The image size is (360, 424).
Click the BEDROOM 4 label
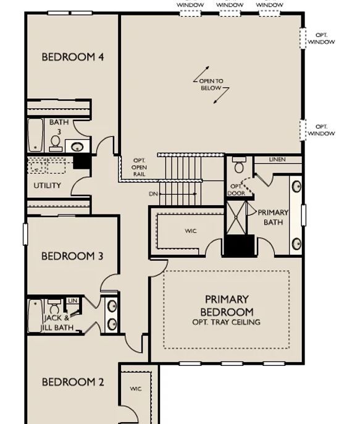[x=73, y=57]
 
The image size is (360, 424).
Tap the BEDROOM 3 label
[x=72, y=256]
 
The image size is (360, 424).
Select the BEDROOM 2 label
[x=73, y=382]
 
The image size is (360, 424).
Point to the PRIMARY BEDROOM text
[x=227, y=305]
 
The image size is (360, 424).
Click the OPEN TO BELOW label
[x=211, y=84]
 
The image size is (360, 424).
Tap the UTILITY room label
[x=48, y=185]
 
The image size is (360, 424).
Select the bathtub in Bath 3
[x=35, y=135]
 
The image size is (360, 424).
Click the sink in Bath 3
[x=77, y=147]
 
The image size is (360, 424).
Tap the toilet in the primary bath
[x=239, y=165]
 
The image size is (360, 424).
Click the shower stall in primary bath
[x=237, y=218]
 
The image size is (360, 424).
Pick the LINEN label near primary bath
[x=277, y=159]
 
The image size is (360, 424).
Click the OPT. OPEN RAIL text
[x=140, y=167]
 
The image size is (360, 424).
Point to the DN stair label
[x=153, y=194]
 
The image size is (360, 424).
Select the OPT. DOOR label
[x=237, y=190]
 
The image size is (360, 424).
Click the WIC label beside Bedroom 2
[x=136, y=389]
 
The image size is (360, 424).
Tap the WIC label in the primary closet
[x=191, y=231]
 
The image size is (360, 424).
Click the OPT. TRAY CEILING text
[x=227, y=323]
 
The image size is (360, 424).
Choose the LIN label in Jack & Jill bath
[x=72, y=300]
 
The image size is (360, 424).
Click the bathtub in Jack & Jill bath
[x=35, y=316]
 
